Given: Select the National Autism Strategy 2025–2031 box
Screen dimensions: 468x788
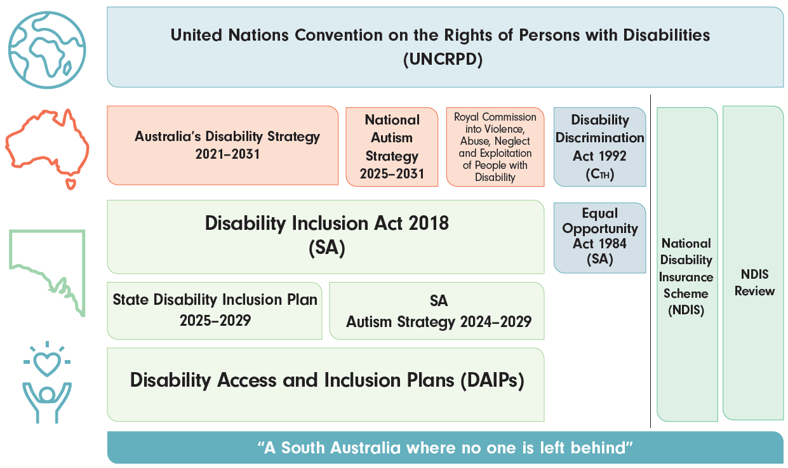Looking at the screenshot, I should (392, 147).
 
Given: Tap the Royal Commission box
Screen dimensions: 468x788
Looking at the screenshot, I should (495, 147).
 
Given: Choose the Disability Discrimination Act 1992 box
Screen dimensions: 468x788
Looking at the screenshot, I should (599, 147).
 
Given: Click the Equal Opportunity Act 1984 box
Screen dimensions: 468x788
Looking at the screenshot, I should (599, 236).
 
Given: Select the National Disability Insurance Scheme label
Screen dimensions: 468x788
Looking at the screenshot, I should (686, 277).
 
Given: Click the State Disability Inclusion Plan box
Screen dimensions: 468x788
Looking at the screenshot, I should (215, 310).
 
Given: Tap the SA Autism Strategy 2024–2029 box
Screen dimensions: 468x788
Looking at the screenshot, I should (437, 311).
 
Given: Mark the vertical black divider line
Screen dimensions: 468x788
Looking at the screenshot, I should (651, 260).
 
